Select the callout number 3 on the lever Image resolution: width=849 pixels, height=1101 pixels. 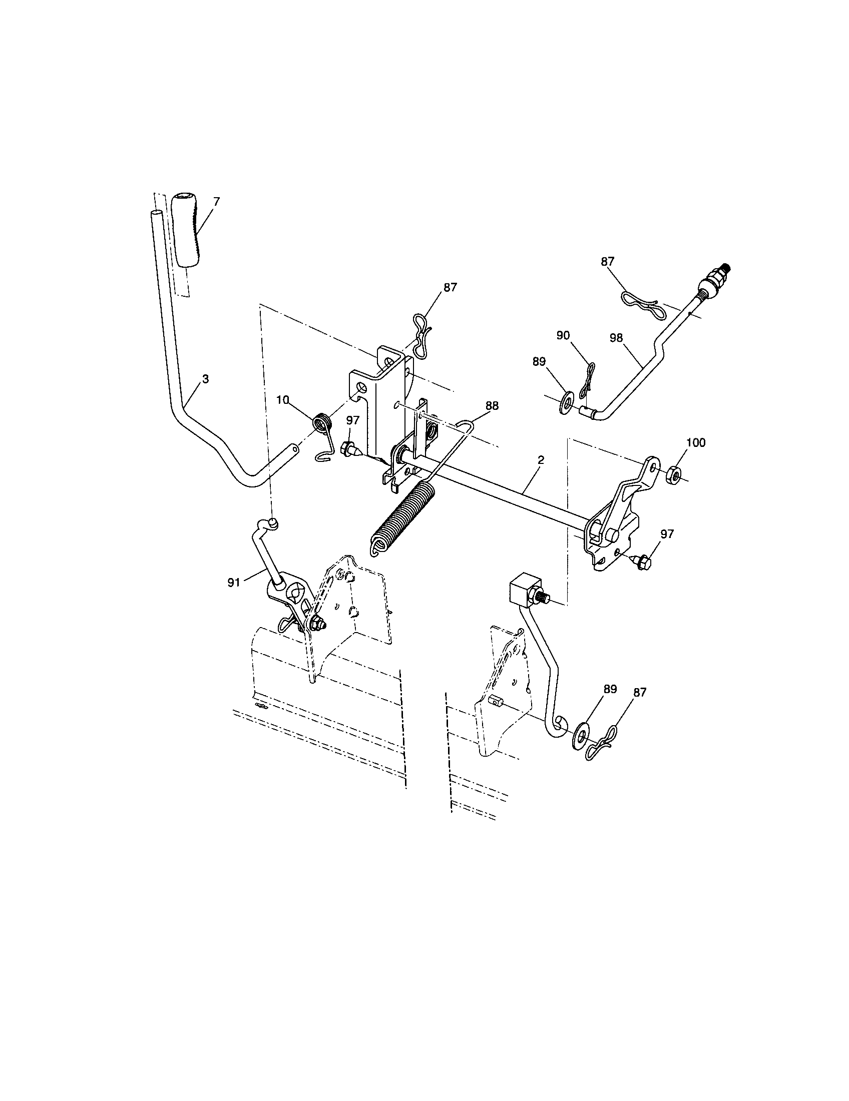tap(205, 379)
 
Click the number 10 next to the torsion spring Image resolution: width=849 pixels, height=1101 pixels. tap(283, 400)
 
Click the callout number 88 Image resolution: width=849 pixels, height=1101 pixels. tap(492, 405)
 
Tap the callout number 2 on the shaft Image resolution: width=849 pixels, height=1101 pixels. tap(541, 460)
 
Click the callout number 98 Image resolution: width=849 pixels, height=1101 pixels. tap(616, 338)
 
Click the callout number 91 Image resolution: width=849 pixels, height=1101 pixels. tap(233, 582)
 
